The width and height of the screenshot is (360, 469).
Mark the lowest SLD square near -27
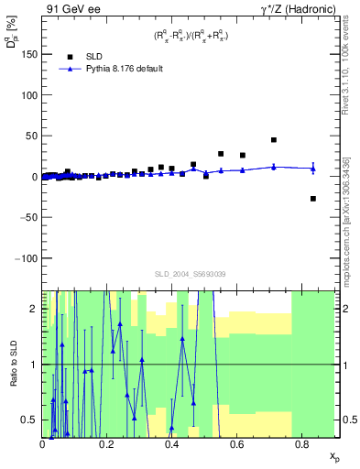click(x=313, y=199)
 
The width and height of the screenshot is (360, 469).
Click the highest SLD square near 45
click(x=274, y=140)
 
